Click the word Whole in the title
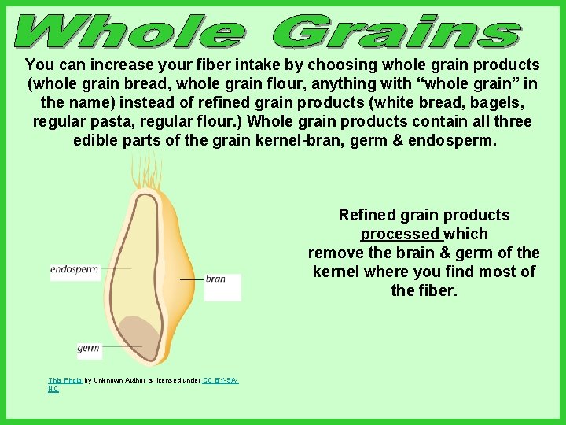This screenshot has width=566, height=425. (130, 32)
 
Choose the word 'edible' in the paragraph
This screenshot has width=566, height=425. (96, 141)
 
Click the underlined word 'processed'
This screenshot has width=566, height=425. (401, 235)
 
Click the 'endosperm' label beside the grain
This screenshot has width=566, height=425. (74, 270)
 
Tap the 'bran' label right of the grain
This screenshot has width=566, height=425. (215, 279)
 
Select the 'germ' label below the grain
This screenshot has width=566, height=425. (88, 348)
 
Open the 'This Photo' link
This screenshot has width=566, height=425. (64, 380)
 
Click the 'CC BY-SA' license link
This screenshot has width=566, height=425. (220, 380)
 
